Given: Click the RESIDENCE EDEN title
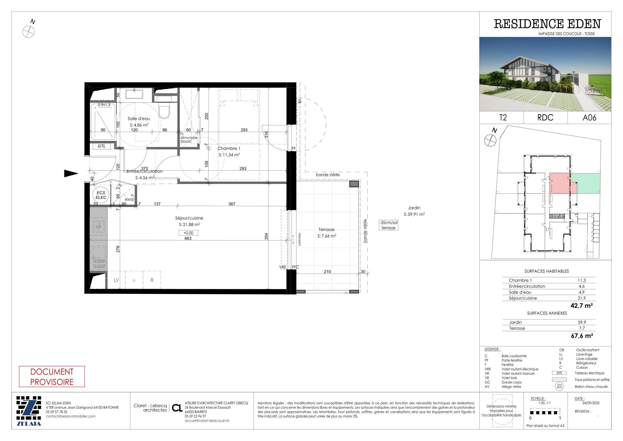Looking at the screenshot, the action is tap(547, 24).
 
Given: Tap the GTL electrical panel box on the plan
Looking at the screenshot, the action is tap(102, 146).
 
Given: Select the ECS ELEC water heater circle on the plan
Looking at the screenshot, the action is tap(101, 195).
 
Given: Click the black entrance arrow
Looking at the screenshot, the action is tap(71, 173).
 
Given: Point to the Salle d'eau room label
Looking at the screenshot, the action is tap(139, 118).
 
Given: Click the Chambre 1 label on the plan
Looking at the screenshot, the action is tap(229, 148).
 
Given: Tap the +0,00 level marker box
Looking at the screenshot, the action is tap(188, 233).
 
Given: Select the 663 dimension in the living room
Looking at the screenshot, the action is tap(188, 238).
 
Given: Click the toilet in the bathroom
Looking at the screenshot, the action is tap(164, 110).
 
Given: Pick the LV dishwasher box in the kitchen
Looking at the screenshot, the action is tap(116, 280).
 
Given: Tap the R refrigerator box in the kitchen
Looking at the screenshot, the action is tap(152, 280).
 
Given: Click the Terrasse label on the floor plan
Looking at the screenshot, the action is tap(327, 230).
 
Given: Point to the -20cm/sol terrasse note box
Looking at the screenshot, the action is tap(389, 225).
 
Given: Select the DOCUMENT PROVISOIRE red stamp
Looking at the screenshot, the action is tap(52, 377).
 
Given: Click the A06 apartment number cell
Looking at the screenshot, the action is tap(589, 118).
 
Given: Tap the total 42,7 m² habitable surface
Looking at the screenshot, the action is tap(581, 306).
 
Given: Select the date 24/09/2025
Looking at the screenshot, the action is tap(587, 403).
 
